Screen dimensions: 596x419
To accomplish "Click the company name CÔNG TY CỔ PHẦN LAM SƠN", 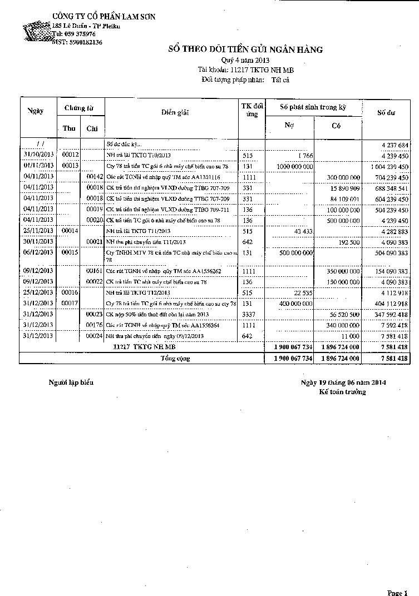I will click(103, 17).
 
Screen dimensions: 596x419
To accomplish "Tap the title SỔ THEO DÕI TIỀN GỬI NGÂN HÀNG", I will click(245, 50).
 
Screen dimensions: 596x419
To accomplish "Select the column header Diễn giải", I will click(175, 113).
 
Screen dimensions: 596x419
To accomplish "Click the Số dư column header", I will click(386, 113).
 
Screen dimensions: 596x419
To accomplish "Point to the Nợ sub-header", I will click(289, 126).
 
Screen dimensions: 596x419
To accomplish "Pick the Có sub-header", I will click(336, 126).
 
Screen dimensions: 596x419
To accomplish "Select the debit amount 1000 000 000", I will click(294, 166).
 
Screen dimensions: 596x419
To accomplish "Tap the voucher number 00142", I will click(95, 177).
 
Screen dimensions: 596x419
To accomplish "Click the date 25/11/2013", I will click(38, 231).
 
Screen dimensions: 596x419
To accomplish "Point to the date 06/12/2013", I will click(38, 252).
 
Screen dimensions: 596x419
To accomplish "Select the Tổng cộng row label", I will click(175, 359).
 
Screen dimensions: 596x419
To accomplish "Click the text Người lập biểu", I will click(71, 383).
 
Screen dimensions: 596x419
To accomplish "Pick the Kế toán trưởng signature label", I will click(342, 392).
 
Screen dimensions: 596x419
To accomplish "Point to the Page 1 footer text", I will click(398, 593).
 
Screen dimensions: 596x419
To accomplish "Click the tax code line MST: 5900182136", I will click(77, 42).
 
